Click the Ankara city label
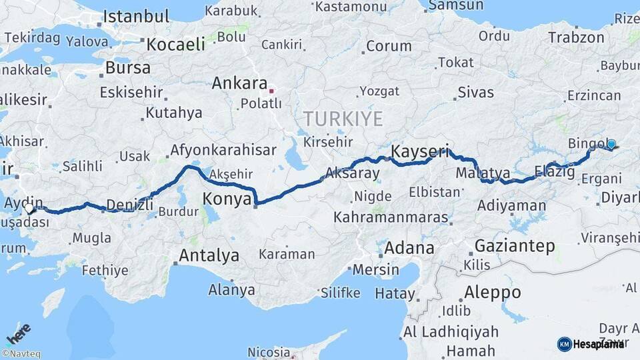[239, 83]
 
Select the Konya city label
[227, 199]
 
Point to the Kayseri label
[420, 151]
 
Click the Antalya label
[209, 255]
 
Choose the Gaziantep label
[514, 246]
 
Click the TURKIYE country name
[343, 119]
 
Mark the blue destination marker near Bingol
[611, 143]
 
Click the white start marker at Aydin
[29, 208]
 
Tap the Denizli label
[129, 204]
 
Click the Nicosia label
[269, 351]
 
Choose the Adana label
[409, 248]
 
